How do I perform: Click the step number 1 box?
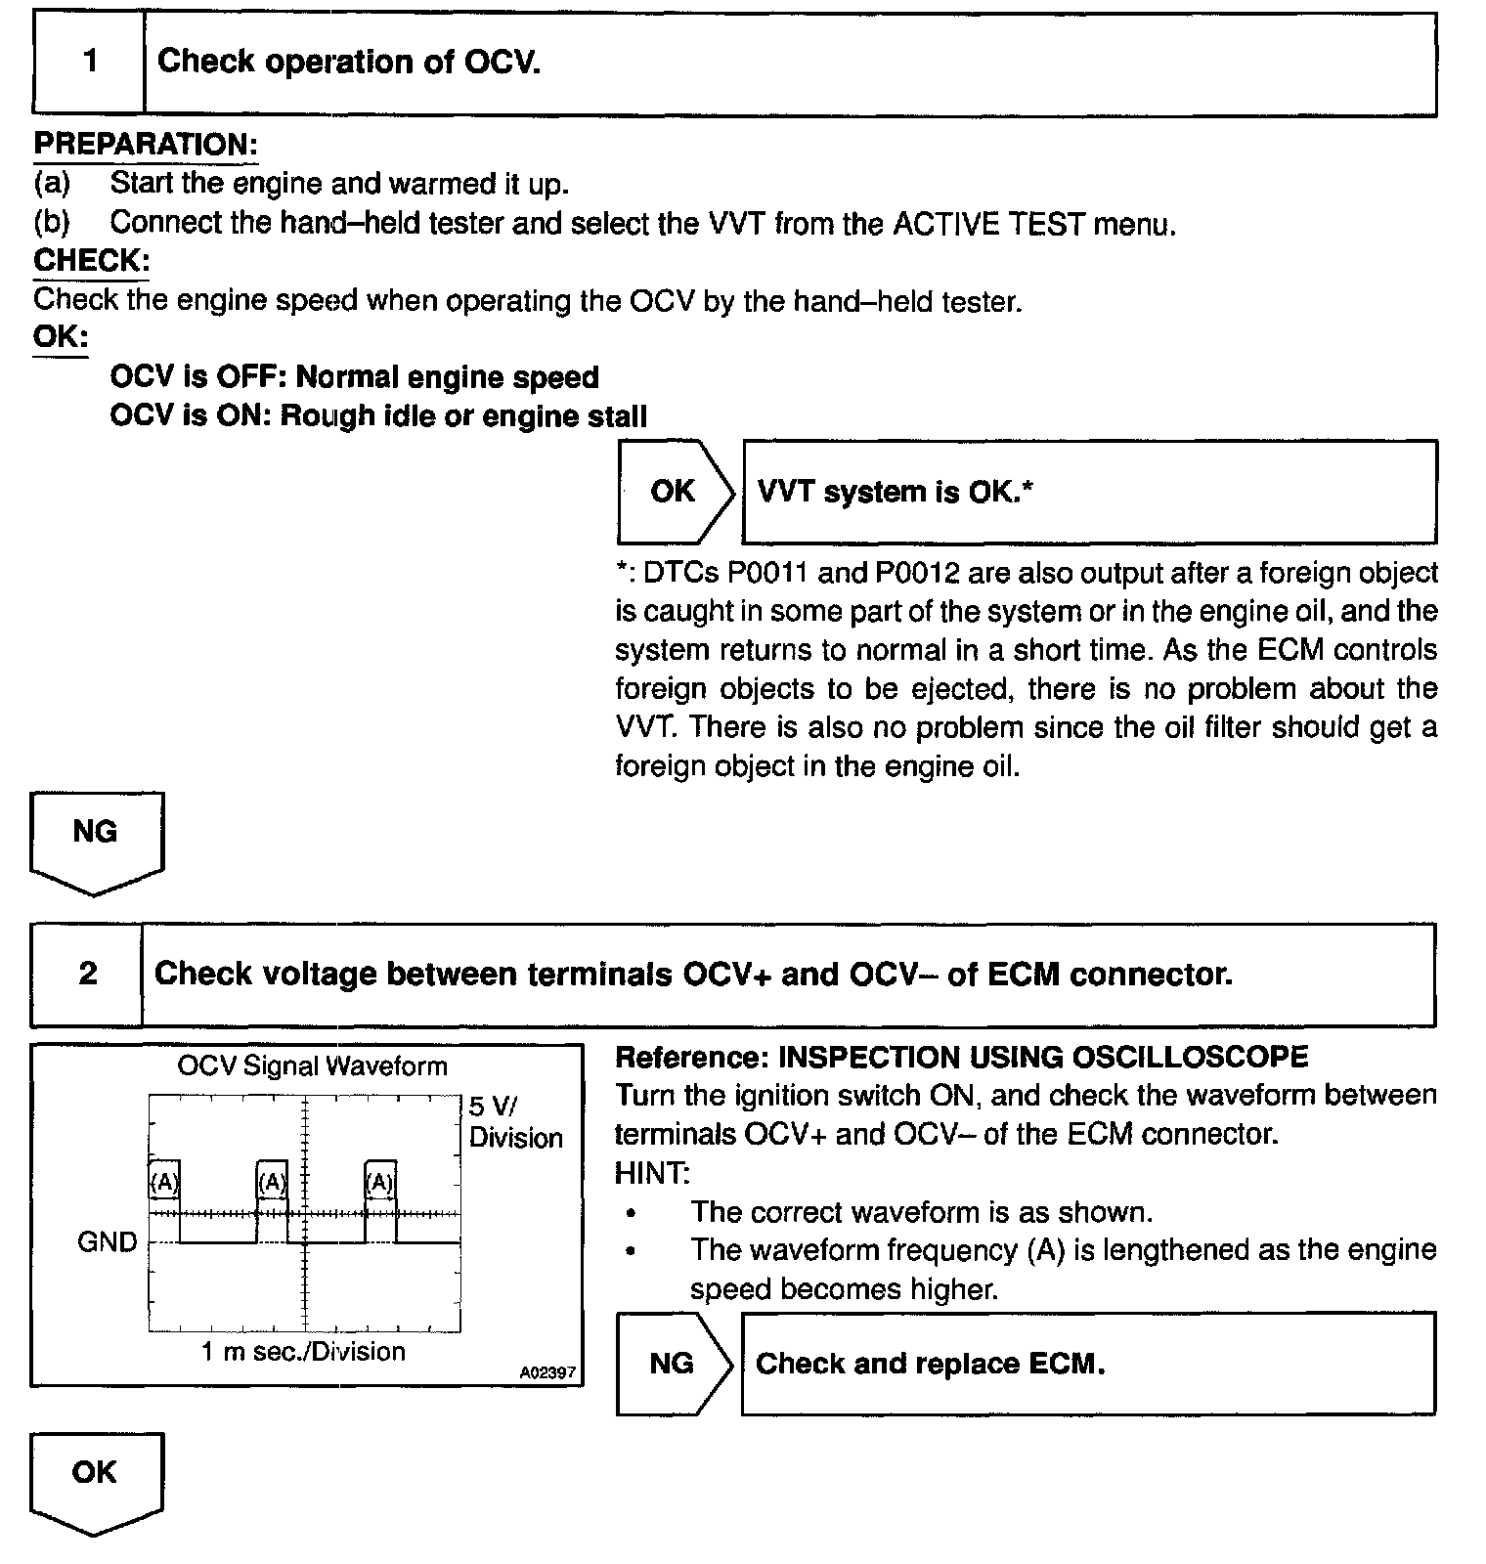89,63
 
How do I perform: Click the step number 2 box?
87,974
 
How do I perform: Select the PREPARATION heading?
146,145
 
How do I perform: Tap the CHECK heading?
91,261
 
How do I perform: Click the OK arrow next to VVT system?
674,492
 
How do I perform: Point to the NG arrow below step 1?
96,837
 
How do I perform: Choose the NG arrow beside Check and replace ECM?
673,1364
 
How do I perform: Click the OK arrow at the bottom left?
95,1476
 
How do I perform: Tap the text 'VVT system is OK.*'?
895,492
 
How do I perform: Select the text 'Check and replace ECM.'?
930,1364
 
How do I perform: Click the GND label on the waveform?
107,1242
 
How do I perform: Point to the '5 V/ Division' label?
515,1122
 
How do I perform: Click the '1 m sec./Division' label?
303,1352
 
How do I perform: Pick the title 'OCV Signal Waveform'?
312,1065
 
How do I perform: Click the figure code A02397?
547,1372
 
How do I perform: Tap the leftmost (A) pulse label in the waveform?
163,1183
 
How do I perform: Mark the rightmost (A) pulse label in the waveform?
380,1183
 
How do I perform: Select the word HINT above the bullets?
652,1172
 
